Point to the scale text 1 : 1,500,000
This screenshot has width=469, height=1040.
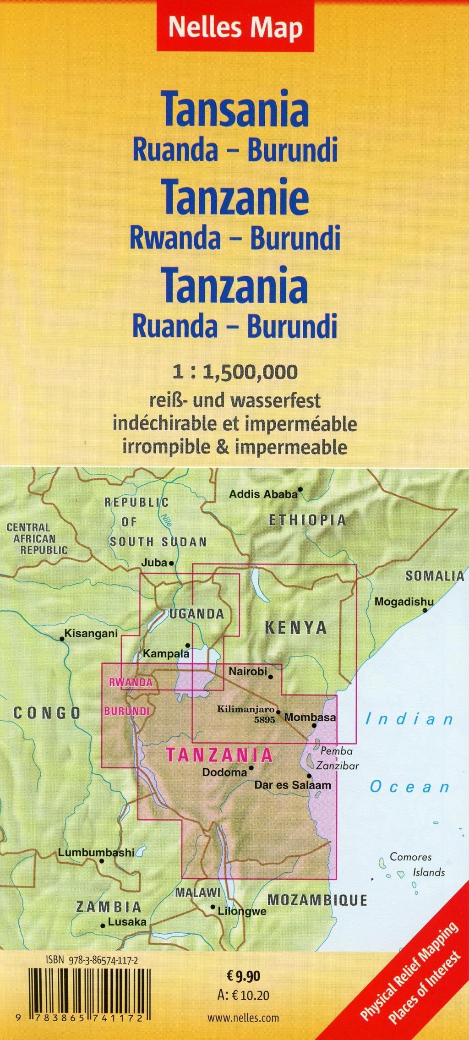pyautogui.click(x=235, y=372)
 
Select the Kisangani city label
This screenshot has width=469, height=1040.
pyautogui.click(x=91, y=634)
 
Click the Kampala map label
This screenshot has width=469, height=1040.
pyautogui.click(x=166, y=654)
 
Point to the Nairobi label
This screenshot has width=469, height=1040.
pyautogui.click(x=247, y=672)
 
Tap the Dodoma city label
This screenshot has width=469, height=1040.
pyautogui.click(x=224, y=772)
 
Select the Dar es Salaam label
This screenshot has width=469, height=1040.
pyautogui.click(x=293, y=785)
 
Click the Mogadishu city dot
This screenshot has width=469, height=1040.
pyautogui.click(x=425, y=610)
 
